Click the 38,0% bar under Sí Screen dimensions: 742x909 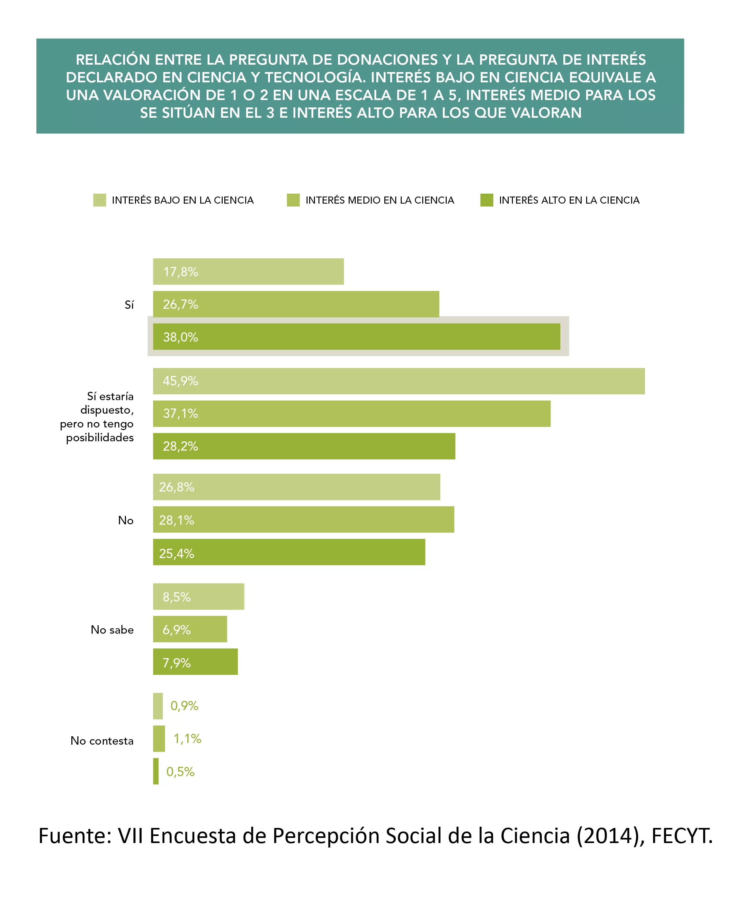[356, 337]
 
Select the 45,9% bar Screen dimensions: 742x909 [399, 381]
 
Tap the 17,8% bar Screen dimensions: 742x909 [248, 271]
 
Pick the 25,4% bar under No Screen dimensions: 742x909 [289, 552]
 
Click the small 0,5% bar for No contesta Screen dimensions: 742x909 [156, 771]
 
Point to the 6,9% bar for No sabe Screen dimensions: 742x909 [190, 629]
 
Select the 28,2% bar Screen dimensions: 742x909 [304, 446]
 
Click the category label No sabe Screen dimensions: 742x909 [112, 630]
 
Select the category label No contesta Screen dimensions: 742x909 [102, 740]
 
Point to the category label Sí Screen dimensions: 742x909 [129, 304]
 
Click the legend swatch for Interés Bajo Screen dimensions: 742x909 [100, 200]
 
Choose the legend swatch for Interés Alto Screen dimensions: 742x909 [487, 200]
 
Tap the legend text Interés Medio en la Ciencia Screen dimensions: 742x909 [380, 200]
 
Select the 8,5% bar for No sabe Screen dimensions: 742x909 [198, 596]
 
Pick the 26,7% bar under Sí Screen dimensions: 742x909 [296, 304]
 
